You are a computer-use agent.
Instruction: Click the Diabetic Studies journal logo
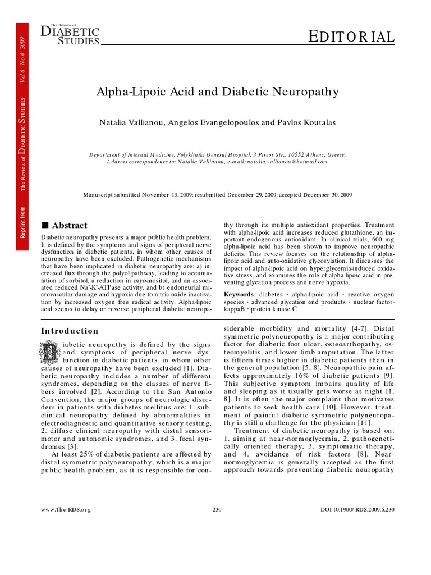point(70,35)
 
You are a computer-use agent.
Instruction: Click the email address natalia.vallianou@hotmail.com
point(283,161)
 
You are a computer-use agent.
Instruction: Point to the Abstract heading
point(70,225)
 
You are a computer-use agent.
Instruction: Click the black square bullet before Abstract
point(45,225)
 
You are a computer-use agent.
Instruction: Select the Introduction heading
point(70,331)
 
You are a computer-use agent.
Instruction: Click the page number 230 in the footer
point(218,509)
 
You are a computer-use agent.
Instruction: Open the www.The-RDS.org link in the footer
point(66,509)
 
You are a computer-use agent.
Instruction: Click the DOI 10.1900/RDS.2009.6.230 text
point(357,509)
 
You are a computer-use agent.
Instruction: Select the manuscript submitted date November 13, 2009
point(169,195)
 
